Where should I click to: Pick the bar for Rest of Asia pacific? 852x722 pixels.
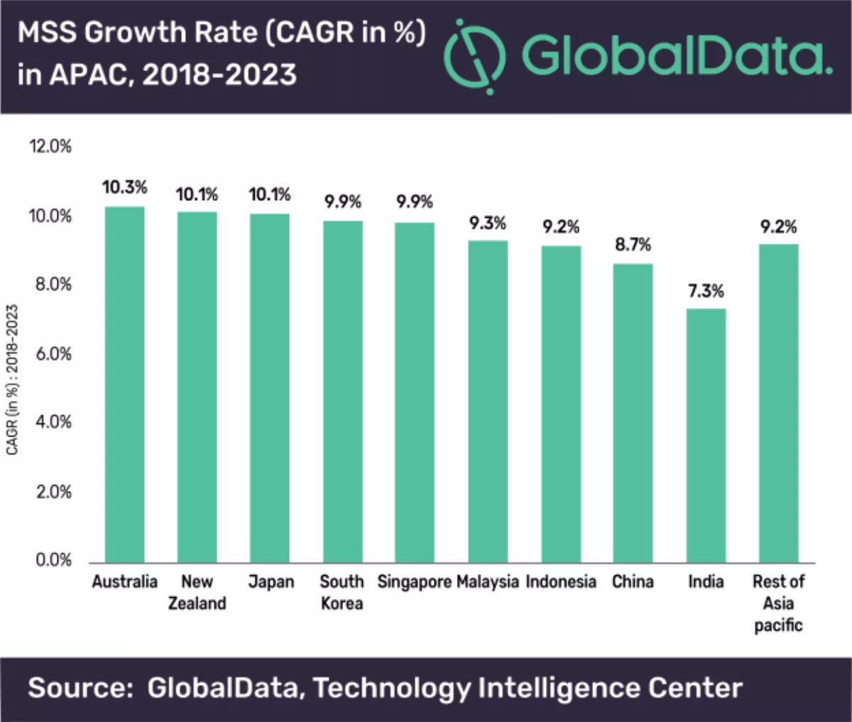click(x=778, y=403)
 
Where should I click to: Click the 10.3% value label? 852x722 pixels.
click(x=124, y=187)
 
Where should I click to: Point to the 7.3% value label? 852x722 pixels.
click(x=706, y=291)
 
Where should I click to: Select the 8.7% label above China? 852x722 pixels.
click(x=633, y=245)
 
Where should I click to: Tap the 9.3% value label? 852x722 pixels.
click(x=488, y=224)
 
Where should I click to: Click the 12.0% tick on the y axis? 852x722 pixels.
click(x=50, y=147)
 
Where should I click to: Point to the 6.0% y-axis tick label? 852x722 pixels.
click(x=54, y=354)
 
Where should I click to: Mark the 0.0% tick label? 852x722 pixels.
click(x=54, y=560)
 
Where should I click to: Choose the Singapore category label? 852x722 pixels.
click(x=415, y=582)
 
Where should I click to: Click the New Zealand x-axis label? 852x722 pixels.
click(x=197, y=592)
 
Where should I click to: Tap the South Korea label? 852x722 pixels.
click(x=342, y=592)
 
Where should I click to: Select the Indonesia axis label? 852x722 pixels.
click(x=561, y=582)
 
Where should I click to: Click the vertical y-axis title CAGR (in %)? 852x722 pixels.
click(x=13, y=380)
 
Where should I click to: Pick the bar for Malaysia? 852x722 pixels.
click(x=488, y=402)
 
